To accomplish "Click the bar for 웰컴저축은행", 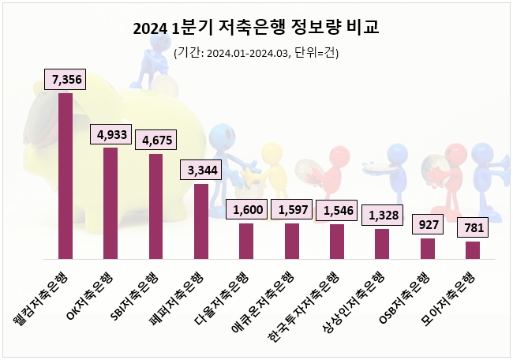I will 66,175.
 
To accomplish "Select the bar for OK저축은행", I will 110,203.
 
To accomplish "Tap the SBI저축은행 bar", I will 155,206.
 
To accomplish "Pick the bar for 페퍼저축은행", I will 201,221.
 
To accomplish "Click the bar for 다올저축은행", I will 246,241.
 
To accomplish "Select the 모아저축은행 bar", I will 473,249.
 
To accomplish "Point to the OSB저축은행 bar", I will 428,248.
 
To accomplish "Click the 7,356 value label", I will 66,80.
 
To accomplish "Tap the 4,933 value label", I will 111,134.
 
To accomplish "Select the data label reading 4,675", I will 156,141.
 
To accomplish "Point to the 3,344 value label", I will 201,171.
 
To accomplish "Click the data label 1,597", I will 292,210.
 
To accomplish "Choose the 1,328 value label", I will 382,216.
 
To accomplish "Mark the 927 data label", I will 428,225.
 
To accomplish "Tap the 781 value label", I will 473,229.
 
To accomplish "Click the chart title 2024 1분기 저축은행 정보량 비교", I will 256,29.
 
